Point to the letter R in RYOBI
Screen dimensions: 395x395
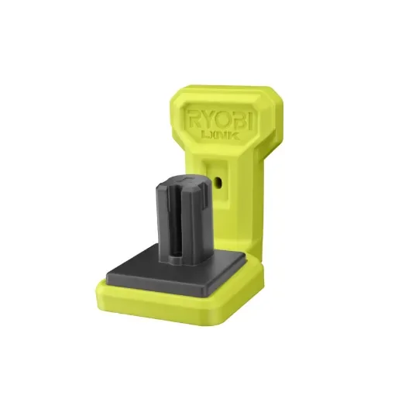(191, 118)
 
